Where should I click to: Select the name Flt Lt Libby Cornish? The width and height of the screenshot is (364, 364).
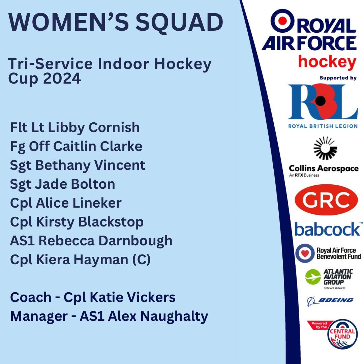point(75,127)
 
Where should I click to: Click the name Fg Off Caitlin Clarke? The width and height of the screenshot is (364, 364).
point(76,146)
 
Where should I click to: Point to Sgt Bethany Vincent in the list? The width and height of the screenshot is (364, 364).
point(78,165)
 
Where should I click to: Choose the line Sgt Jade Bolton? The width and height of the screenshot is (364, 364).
point(63,184)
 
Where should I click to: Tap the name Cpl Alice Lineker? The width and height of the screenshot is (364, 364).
point(66,203)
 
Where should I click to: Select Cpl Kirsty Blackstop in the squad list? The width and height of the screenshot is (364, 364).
point(77,222)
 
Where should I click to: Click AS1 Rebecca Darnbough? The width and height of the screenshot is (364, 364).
point(91,241)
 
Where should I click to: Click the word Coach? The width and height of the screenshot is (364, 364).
point(30,298)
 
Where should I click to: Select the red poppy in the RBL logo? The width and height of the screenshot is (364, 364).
point(322,100)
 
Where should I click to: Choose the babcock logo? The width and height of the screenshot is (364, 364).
point(327,229)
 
